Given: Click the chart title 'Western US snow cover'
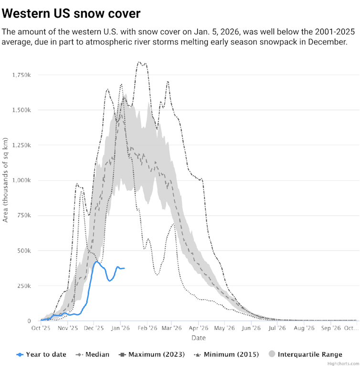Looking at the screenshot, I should (72, 13).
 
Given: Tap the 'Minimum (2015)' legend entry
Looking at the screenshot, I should (228, 354).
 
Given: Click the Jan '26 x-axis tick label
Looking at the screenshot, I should (120, 328).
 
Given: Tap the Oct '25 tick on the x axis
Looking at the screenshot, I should (42, 328).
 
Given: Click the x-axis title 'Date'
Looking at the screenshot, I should (199, 338).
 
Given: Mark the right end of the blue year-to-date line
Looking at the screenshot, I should (125, 268).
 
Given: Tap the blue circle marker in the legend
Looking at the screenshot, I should (20, 355).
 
